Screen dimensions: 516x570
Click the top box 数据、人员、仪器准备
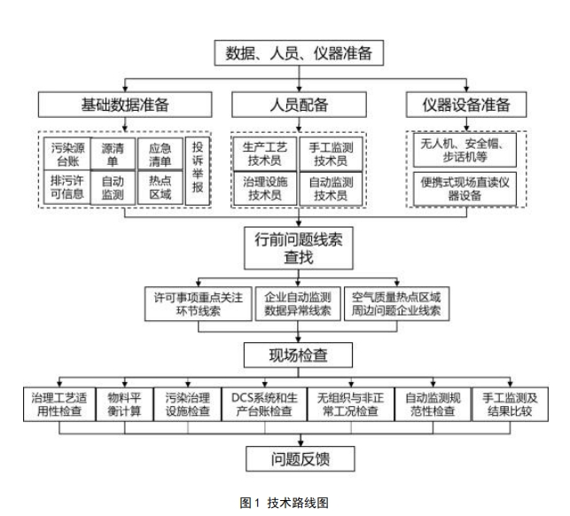point(301,53)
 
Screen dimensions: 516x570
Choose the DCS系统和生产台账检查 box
point(264,403)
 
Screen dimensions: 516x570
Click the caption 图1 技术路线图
point(285,503)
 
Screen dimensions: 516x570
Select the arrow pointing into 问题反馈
point(301,439)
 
